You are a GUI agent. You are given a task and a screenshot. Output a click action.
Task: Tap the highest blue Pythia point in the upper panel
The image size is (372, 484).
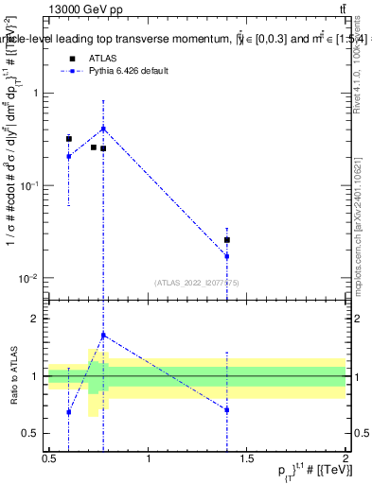tap(103, 129)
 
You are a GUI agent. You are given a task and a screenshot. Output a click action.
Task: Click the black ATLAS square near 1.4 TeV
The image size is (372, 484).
tap(227, 240)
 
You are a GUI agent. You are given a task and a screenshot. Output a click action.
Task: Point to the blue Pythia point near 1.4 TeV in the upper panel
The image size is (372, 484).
tap(227, 256)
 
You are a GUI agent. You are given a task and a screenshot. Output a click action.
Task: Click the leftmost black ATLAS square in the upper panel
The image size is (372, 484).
tap(69, 139)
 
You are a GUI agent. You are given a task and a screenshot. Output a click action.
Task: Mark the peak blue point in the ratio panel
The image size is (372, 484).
tap(103, 335)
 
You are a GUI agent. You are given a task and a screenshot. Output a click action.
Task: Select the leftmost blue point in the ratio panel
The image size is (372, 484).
tap(69, 412)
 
